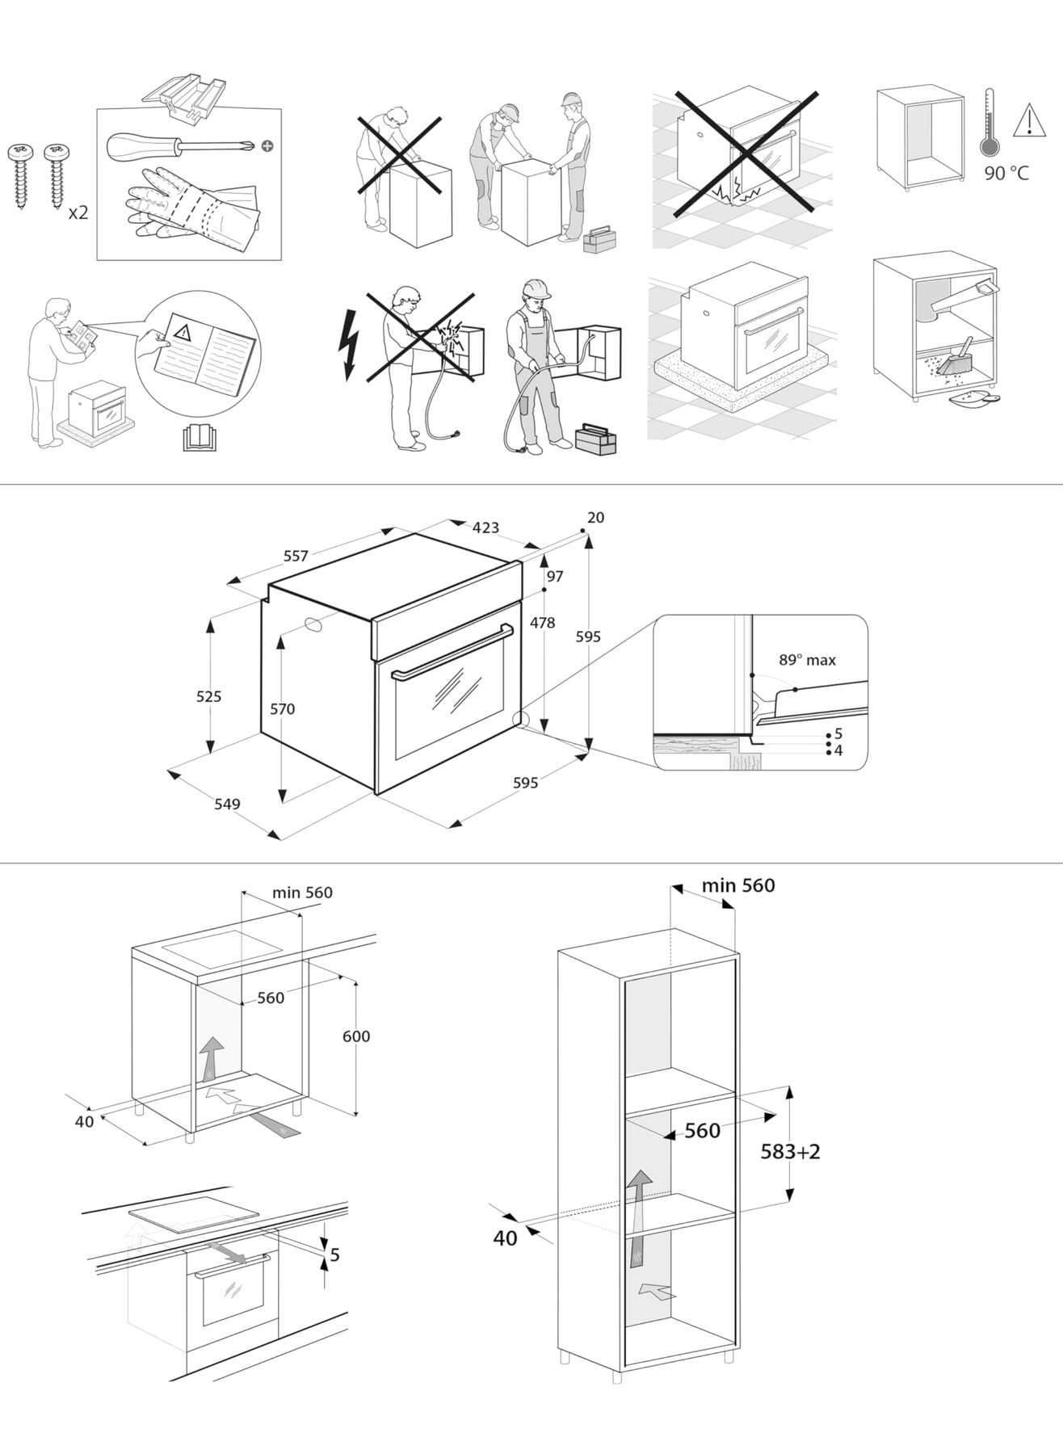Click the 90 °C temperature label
click(1006, 173)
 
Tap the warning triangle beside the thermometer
click(1028, 120)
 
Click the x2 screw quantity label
click(78, 213)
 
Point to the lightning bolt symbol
click(348, 345)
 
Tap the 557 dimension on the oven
click(296, 556)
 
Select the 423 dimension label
click(485, 527)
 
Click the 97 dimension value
click(555, 577)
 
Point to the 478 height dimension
click(542, 623)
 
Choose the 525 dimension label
click(208, 696)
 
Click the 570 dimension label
click(282, 709)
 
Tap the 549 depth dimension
click(227, 804)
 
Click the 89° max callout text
click(807, 660)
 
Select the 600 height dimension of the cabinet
click(356, 1036)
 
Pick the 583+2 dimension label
click(790, 1152)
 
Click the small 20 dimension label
click(595, 518)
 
